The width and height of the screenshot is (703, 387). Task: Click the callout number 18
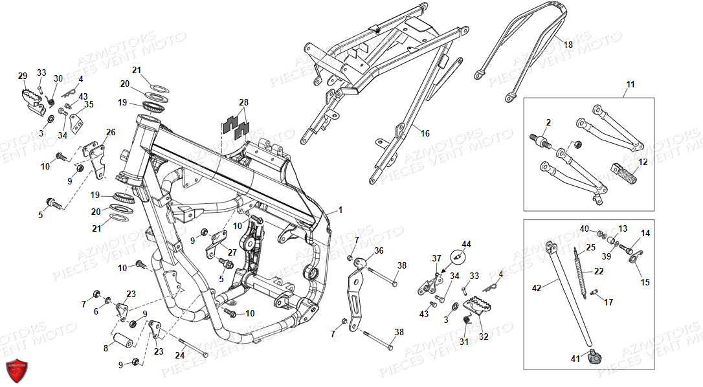(x=568, y=45)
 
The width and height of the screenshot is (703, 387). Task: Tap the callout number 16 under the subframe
(x=425, y=134)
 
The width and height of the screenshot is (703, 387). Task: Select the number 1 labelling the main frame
(x=340, y=211)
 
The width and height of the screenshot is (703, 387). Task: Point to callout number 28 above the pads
(x=243, y=103)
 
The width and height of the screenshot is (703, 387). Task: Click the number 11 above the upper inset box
(x=630, y=85)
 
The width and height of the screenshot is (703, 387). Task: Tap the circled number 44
(x=467, y=244)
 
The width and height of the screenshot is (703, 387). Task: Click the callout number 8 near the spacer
(x=105, y=348)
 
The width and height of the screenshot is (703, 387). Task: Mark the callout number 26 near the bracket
(x=111, y=133)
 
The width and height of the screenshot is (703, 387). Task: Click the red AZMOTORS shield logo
(x=17, y=371)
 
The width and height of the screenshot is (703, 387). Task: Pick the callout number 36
(x=379, y=250)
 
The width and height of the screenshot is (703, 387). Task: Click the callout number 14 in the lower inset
(x=645, y=233)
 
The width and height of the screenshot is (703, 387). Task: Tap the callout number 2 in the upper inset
(x=548, y=122)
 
